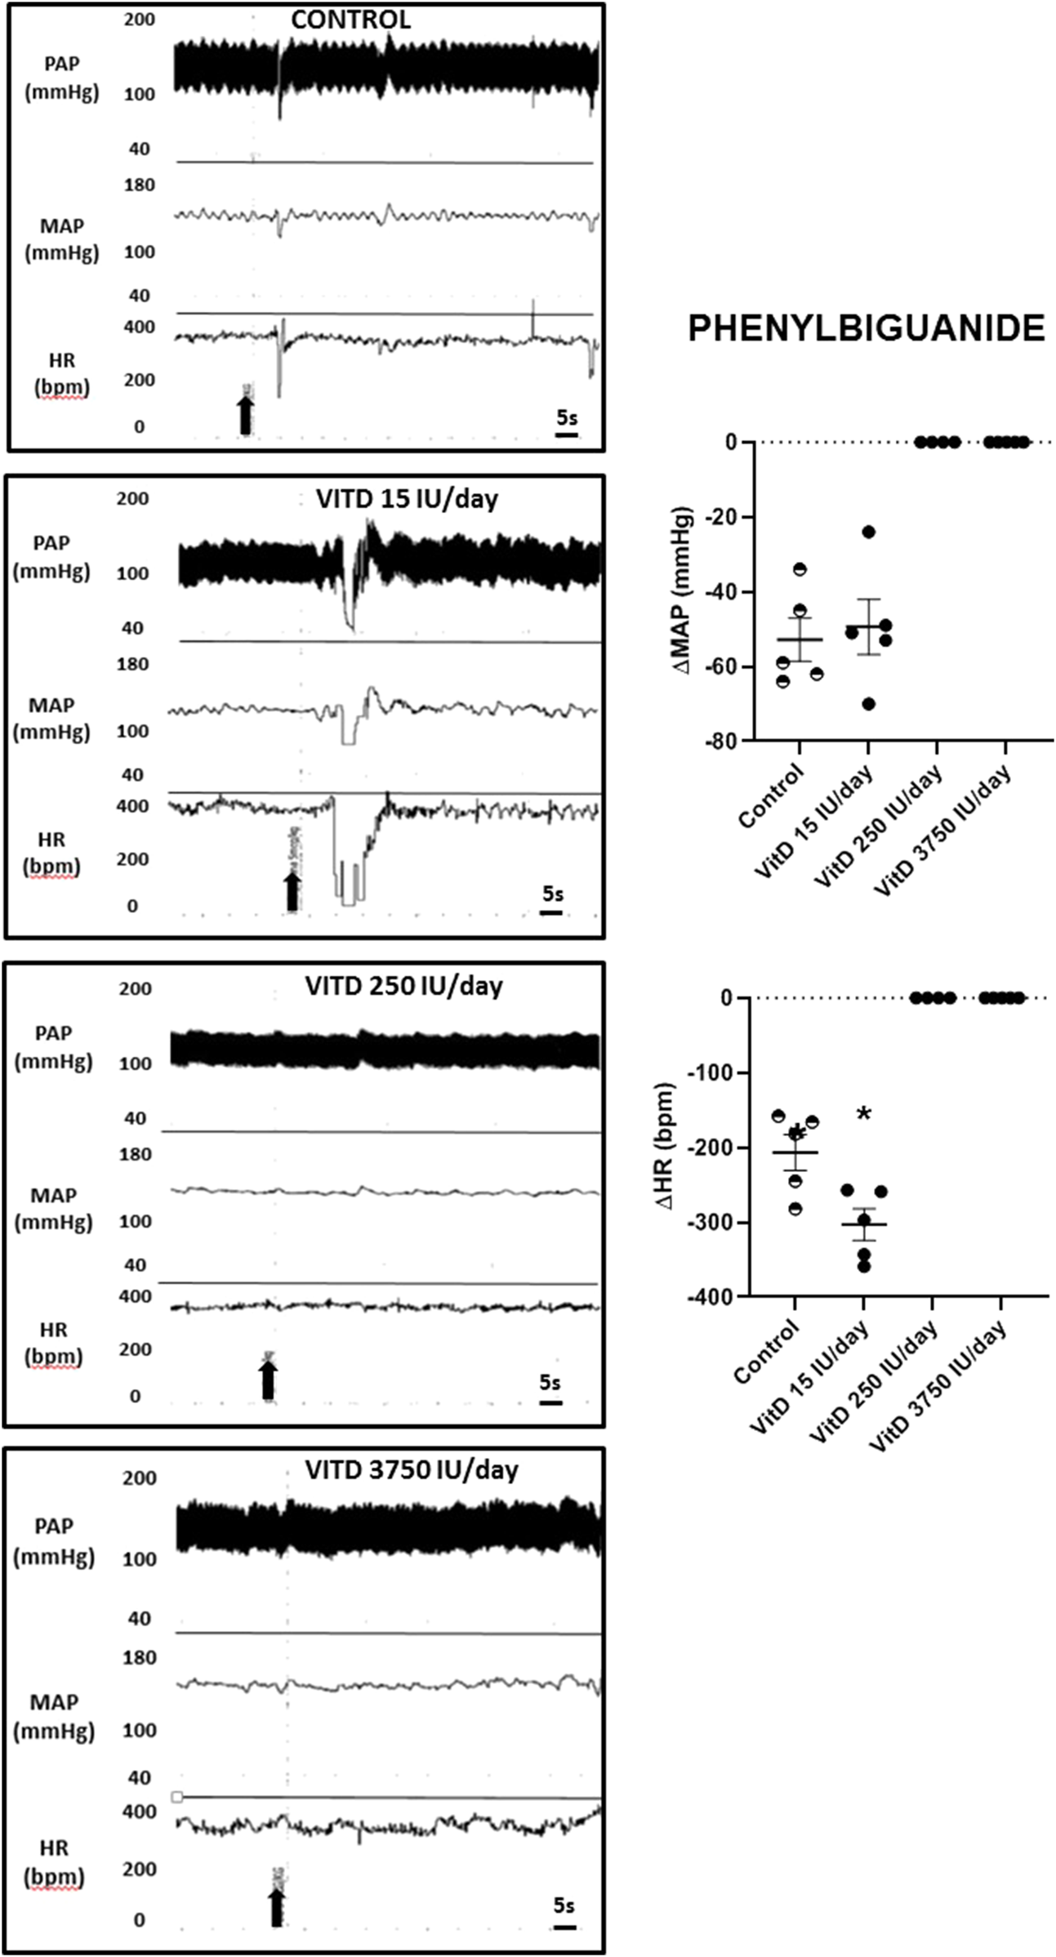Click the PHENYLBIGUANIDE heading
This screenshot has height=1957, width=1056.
866,328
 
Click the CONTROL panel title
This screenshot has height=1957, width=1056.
350,19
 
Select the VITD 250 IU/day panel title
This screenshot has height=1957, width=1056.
403,986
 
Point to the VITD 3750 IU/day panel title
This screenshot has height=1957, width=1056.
411,1470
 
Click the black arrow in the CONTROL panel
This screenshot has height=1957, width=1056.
245,414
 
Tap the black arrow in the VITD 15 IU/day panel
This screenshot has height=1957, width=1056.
292,891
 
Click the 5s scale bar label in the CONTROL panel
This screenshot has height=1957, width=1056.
567,417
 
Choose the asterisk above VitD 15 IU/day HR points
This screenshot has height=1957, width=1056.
864,1115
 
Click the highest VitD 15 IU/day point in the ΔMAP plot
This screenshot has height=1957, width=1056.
868,532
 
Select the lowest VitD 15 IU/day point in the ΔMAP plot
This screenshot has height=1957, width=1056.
868,704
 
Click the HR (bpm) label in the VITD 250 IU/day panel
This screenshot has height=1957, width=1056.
53,1344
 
